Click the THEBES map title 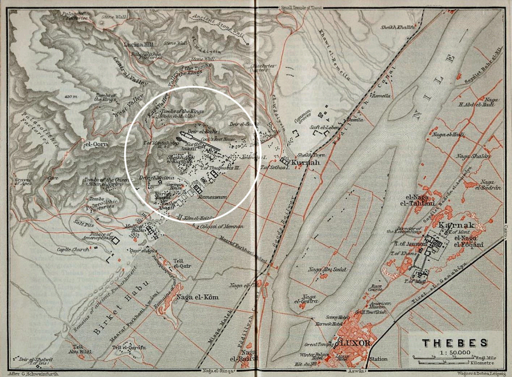(455, 343)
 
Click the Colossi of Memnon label (221, 226)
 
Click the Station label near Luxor (378, 359)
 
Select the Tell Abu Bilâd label (81, 349)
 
